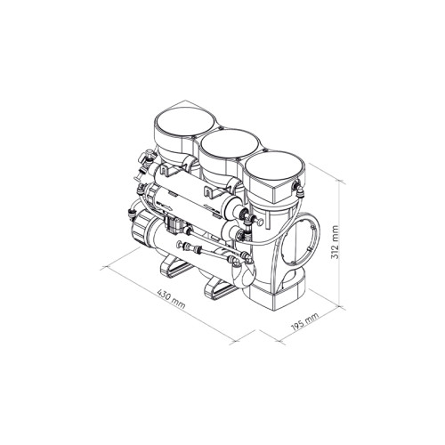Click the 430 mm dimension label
point(171,299)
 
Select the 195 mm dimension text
point(304,321)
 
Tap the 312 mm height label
point(335,242)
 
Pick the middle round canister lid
point(230,144)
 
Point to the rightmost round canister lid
point(274,166)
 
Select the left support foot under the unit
point(176,267)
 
